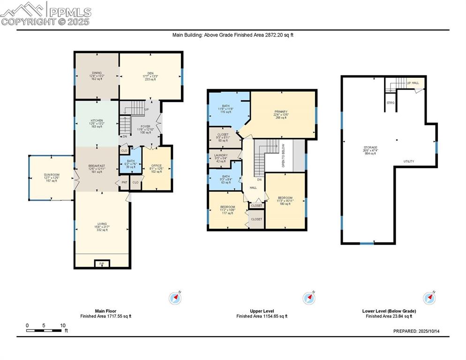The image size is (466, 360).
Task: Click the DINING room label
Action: (x=97, y=73)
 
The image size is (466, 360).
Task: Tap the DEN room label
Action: (x=150, y=73)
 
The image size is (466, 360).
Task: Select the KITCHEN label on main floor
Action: (x=97, y=120)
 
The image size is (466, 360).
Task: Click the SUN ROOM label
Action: (x=52, y=175)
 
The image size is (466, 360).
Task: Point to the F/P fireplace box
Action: (x=102, y=264)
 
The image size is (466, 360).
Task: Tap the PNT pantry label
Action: (x=124, y=182)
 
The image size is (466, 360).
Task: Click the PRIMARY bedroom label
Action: (x=281, y=112)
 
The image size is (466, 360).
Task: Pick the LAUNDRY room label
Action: (x=221, y=155)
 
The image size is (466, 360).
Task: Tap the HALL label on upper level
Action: (x=253, y=187)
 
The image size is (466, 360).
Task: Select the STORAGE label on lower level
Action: (x=370, y=148)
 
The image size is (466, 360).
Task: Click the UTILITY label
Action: (x=408, y=161)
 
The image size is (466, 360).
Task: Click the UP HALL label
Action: (x=413, y=83)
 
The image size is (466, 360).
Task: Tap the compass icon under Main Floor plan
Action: (x=176, y=298)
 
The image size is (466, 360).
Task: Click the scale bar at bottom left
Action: (x=44, y=331)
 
